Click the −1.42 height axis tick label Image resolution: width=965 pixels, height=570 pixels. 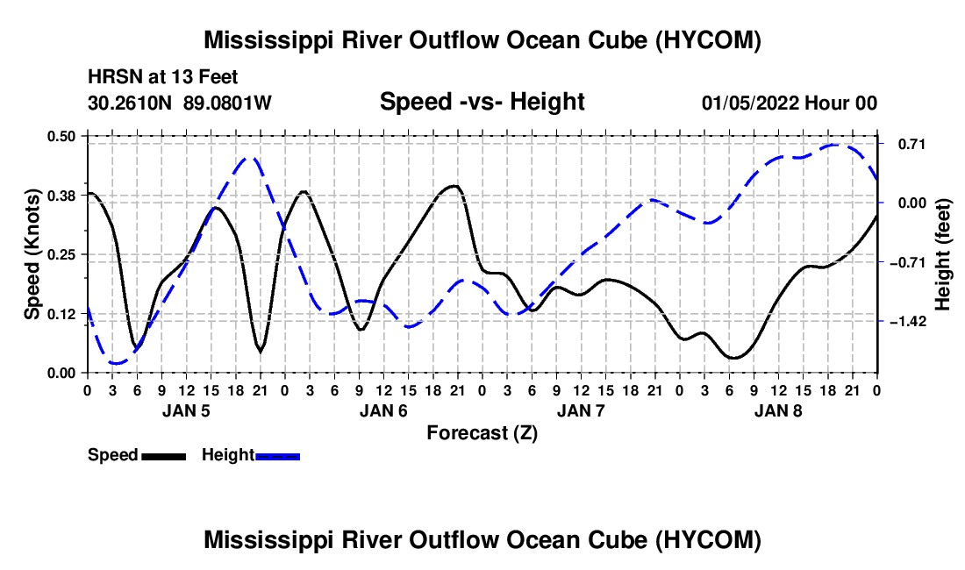[905, 322]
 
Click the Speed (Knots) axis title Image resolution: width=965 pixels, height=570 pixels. [32, 254]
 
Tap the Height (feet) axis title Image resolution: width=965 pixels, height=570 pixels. [944, 254]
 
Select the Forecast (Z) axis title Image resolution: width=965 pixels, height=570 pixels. [482, 432]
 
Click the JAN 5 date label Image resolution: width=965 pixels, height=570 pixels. [185, 410]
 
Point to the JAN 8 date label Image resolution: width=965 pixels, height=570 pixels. [778, 410]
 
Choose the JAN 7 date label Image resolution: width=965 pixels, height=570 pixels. [581, 410]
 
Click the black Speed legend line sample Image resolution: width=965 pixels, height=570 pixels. [162, 455]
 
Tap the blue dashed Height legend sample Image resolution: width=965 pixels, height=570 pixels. [277, 455]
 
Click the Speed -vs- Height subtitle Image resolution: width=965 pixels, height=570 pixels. [482, 102]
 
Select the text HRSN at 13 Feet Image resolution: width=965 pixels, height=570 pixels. [163, 78]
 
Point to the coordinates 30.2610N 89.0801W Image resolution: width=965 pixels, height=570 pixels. [180, 103]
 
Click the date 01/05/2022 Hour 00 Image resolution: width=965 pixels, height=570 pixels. [789, 103]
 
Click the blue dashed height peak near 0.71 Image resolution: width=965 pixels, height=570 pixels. [838, 145]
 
